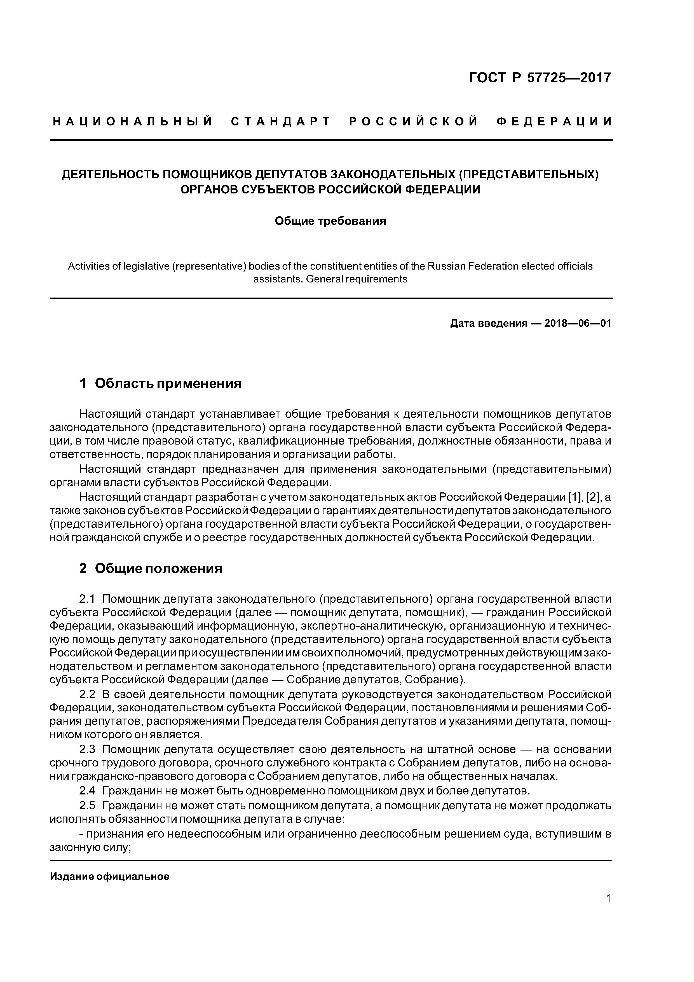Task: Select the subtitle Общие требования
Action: (x=330, y=221)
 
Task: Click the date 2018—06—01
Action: (x=578, y=323)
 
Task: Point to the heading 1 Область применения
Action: (x=160, y=383)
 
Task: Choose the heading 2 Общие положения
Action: (x=151, y=569)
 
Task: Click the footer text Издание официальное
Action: (x=109, y=876)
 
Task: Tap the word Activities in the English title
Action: (x=89, y=266)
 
